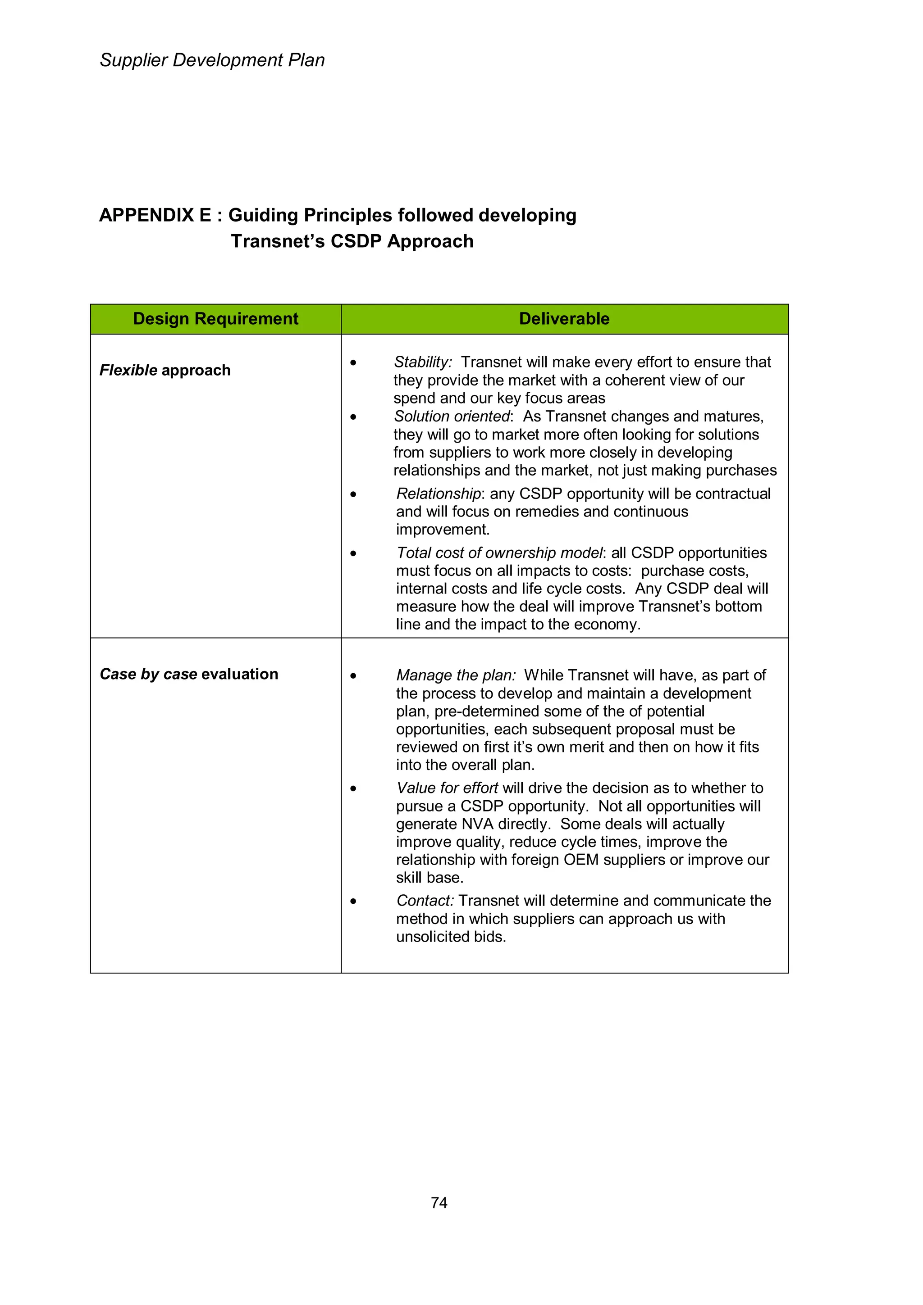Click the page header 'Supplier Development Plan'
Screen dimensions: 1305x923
point(212,60)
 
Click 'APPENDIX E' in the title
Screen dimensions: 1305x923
point(155,215)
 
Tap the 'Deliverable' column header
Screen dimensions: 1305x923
point(564,319)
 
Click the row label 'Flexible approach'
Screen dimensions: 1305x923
point(165,371)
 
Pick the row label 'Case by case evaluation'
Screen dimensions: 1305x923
point(189,674)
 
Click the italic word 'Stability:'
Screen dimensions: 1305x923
point(423,362)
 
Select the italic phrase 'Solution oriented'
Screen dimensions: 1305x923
point(452,417)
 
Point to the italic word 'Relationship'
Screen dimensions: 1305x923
point(439,494)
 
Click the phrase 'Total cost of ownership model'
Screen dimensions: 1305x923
point(499,553)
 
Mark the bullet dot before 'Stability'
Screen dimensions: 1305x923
point(353,362)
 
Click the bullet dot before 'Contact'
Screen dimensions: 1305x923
point(353,901)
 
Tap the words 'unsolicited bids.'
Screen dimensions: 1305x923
point(451,937)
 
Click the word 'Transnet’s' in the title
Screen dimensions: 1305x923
point(278,241)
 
